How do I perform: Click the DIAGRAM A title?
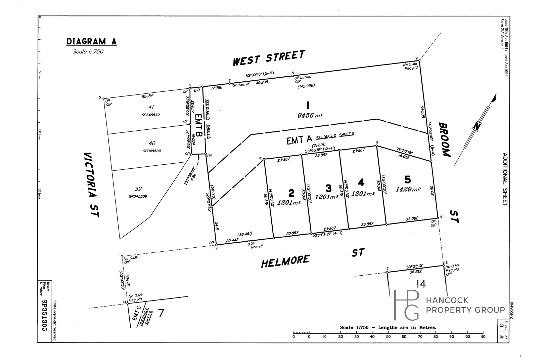pos(91,42)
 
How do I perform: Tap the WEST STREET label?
pos(269,58)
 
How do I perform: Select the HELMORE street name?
pos(285,261)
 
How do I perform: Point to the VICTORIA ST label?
pos(91,185)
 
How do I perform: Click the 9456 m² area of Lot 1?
pos(310,115)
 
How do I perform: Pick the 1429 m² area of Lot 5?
pos(408,189)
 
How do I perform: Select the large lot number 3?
pos(328,188)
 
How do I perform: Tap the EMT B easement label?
pos(198,124)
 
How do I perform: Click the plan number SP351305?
pos(44,316)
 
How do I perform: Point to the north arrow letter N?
pos(475,126)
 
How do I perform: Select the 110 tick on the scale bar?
pos(483,336)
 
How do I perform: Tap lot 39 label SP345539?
pos(138,196)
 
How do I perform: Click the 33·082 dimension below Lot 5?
pos(412,218)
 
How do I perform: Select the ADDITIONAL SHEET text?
pos(505,179)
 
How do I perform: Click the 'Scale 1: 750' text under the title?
pos(88,51)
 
